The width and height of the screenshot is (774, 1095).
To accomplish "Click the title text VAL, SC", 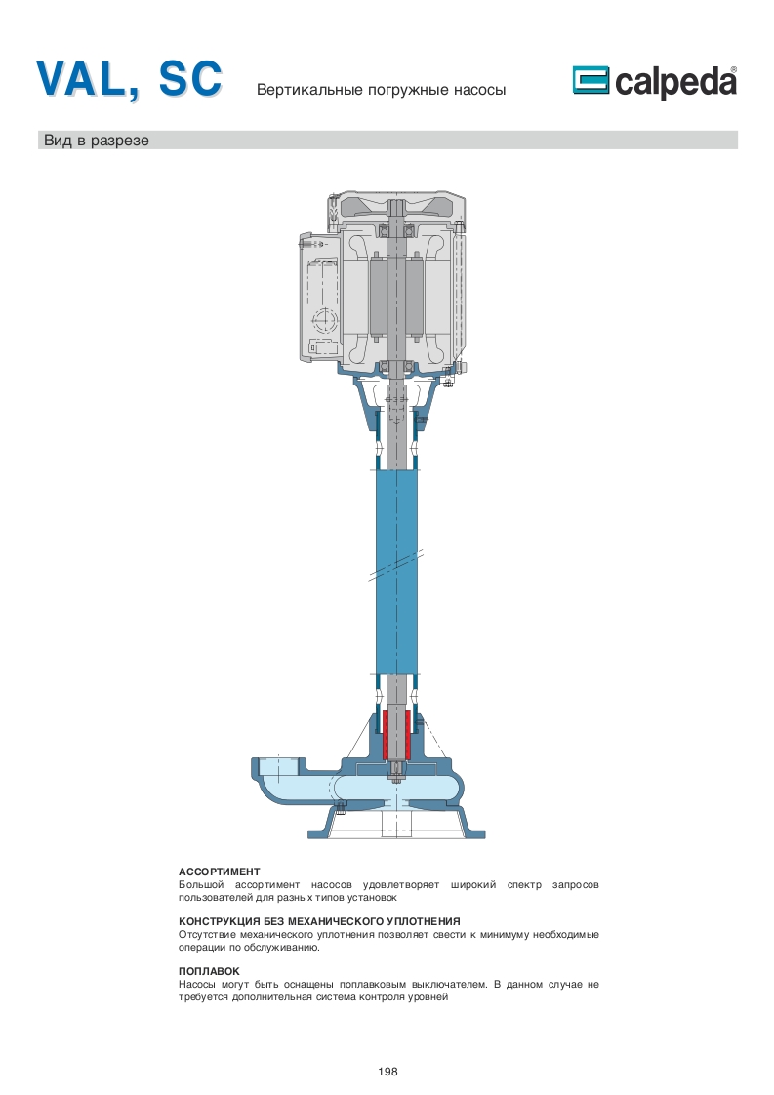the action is point(130,79).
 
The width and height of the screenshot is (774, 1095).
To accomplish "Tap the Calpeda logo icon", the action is point(591,80).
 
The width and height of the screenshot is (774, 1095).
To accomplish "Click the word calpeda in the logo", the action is point(675,82).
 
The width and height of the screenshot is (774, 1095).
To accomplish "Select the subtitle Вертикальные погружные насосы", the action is point(382,90).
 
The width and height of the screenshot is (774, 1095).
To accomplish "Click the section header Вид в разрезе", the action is point(97,141).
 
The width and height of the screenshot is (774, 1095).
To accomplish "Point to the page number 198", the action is point(387,1072).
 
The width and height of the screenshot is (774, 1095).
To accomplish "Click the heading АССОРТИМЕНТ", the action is point(220,872).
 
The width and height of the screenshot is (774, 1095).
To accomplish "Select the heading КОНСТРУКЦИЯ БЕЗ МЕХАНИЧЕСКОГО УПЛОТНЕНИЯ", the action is point(319,921).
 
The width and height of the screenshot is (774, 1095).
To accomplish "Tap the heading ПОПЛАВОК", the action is point(209,971).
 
